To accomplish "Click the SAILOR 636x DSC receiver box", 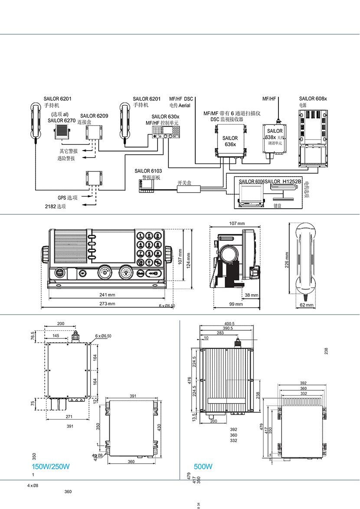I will pyautogui.click(x=230, y=141).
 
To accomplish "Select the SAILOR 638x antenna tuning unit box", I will pyautogui.click(x=275, y=138).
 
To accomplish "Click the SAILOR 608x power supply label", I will pyautogui.click(x=313, y=99).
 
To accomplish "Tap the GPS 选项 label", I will pyautogui.click(x=68, y=198).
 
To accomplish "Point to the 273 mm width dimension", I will pyautogui.click(x=107, y=304).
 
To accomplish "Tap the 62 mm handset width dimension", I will pyautogui.click(x=306, y=305).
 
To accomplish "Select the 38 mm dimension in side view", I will pyautogui.click(x=251, y=295).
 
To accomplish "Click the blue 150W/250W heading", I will pyautogui.click(x=51, y=467).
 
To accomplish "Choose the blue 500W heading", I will pyautogui.click(x=203, y=467).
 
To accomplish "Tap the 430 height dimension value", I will pyautogui.click(x=159, y=428).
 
